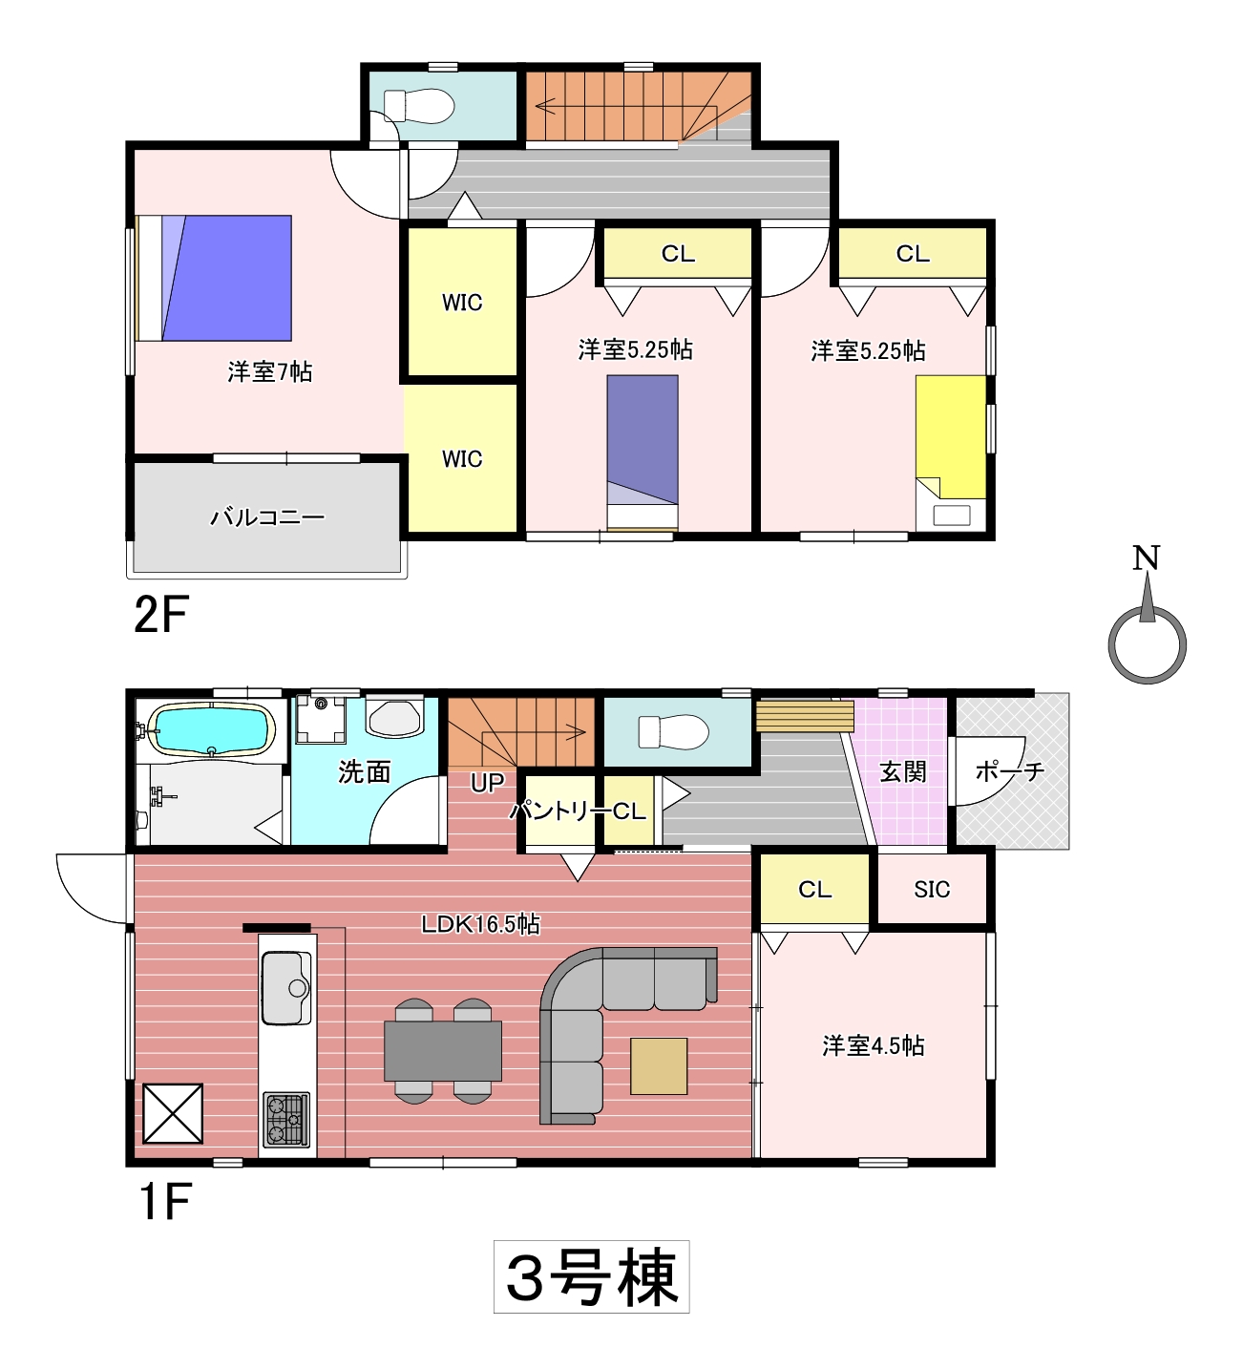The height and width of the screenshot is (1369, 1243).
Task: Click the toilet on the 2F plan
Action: [418, 106]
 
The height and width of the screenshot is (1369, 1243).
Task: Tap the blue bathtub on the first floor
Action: [212, 728]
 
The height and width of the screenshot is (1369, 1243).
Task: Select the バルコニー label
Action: [267, 516]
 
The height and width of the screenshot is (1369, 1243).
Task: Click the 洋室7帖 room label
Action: [269, 372]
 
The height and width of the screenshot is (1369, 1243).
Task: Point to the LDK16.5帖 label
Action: [480, 924]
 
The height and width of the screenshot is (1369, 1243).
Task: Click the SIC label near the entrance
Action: [931, 889]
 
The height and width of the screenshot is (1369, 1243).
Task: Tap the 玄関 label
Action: [902, 772]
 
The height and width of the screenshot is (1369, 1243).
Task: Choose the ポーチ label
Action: [1009, 771]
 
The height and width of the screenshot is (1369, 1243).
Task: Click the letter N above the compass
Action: [1146, 558]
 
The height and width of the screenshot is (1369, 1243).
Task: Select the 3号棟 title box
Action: [591, 1276]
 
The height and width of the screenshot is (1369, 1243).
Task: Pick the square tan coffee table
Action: [658, 1066]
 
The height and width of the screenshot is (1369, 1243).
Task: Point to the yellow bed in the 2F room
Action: [950, 437]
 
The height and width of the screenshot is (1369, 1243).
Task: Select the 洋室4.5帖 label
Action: [873, 1045]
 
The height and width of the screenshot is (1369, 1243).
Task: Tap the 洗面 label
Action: [365, 772]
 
